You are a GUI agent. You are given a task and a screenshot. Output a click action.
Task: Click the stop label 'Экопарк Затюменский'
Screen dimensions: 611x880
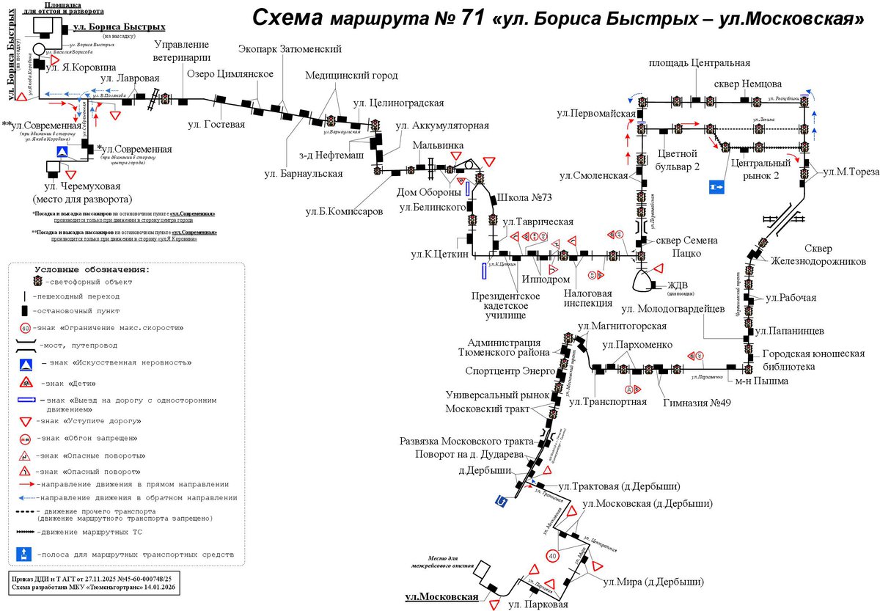290,49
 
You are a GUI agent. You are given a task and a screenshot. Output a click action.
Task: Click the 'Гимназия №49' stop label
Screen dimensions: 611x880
697,401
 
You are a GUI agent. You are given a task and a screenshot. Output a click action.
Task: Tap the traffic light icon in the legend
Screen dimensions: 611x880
37,281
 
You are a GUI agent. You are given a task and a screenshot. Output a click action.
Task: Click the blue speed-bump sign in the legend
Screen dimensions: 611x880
25,362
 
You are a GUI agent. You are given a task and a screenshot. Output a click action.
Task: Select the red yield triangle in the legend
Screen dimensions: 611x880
25,421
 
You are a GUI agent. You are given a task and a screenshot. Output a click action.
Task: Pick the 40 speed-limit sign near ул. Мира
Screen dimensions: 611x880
553,557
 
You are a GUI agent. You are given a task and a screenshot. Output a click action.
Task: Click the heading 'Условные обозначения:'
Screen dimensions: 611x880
92,269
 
